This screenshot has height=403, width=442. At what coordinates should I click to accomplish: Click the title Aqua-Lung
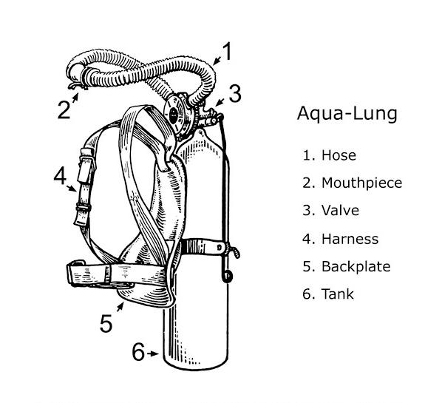347,113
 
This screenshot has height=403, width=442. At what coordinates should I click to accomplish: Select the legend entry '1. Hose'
329,155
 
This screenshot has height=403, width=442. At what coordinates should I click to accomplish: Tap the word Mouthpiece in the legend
361,183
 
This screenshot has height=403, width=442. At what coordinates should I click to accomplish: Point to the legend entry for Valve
330,211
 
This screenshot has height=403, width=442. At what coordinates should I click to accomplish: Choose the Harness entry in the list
340,239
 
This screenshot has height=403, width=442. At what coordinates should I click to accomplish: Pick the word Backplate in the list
356,266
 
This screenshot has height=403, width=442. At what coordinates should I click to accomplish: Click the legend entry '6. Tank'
328,294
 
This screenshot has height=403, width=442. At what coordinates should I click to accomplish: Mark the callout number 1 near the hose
227,51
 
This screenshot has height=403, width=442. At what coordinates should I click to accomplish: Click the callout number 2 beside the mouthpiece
64,109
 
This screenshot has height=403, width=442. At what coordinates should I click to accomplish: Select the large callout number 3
235,93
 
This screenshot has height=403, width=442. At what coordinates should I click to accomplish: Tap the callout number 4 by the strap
60,175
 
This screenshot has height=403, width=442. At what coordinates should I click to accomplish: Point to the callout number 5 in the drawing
106,323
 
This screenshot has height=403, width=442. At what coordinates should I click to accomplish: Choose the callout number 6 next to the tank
138,352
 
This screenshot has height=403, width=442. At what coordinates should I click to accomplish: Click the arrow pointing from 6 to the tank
152,353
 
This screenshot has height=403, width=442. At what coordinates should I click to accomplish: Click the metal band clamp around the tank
203,246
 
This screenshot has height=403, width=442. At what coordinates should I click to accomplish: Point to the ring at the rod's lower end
228,276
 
